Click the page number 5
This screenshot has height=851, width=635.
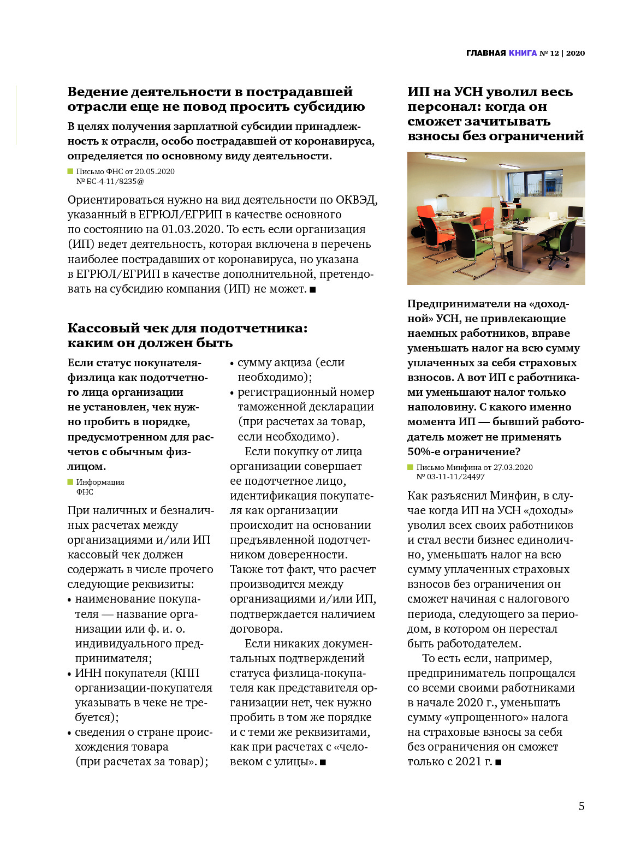[581, 806]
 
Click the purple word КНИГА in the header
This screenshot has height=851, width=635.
[523, 53]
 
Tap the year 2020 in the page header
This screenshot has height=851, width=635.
[575, 53]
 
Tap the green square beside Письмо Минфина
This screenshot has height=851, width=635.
[411, 467]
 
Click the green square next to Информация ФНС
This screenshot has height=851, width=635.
[70, 482]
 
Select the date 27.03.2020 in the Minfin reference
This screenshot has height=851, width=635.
[513, 467]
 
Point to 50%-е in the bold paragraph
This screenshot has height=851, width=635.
[423, 451]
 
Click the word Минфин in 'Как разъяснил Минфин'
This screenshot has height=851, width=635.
[513, 496]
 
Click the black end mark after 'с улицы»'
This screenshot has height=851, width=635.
[323, 762]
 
